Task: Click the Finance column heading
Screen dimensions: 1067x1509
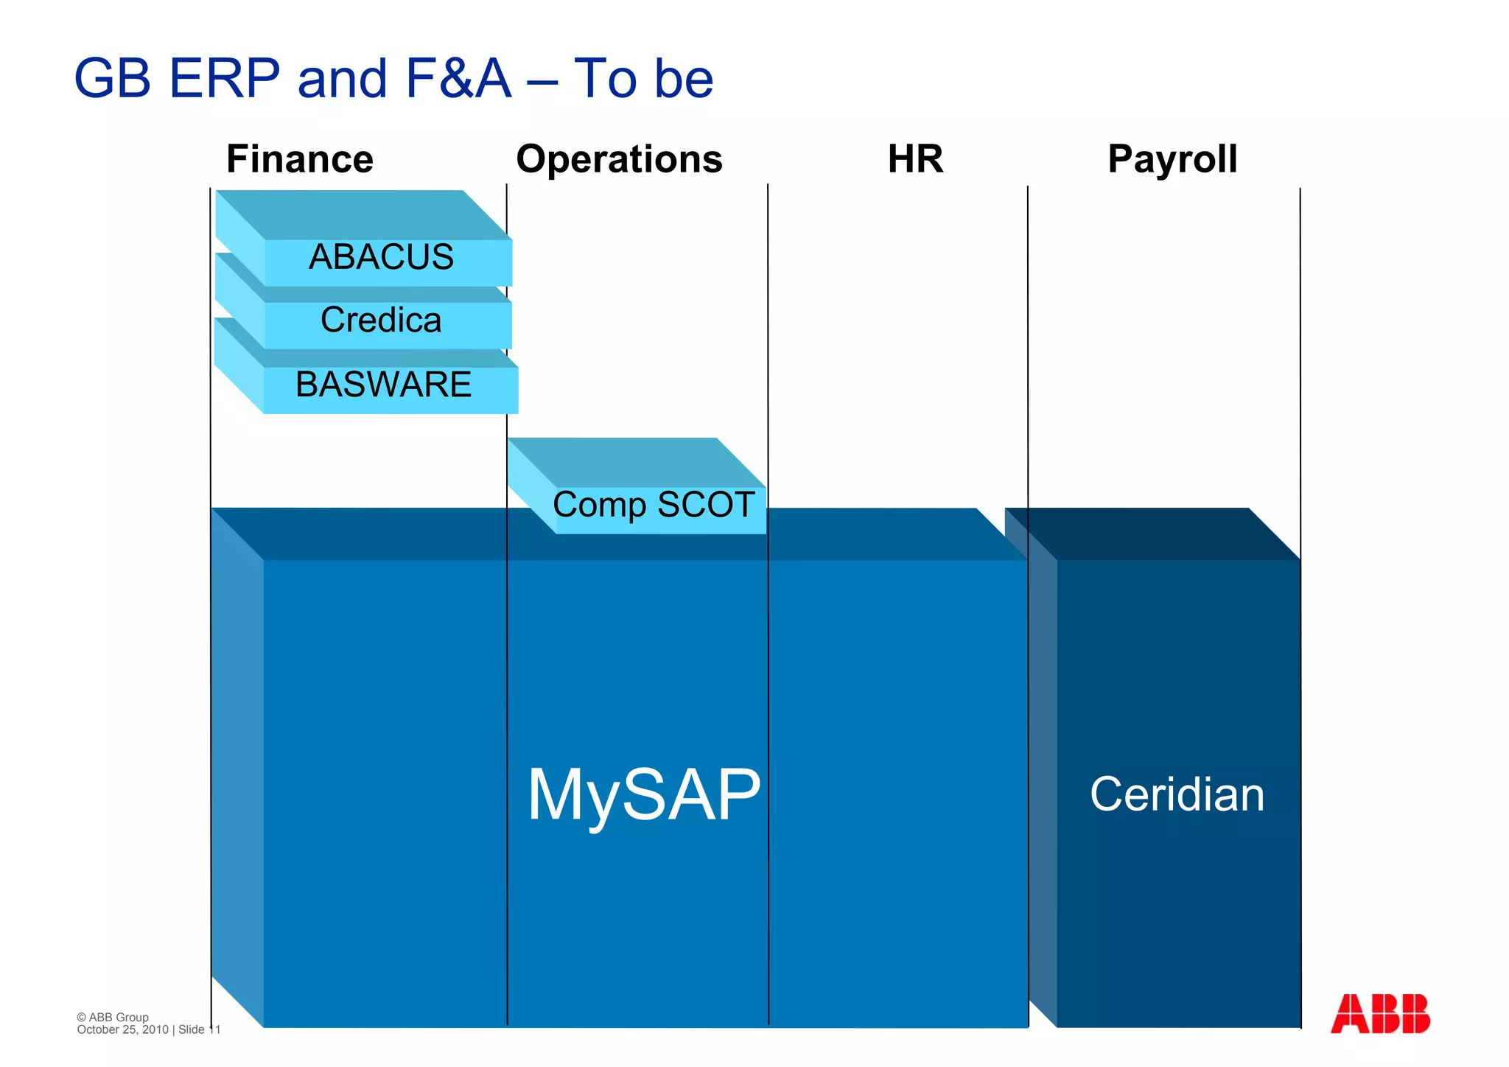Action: [300, 159]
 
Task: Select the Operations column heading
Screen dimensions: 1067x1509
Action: [619, 159]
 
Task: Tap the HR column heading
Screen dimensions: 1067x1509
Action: [915, 159]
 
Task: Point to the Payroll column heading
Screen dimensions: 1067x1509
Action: [1172, 159]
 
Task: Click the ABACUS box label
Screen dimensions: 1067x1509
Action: [381, 257]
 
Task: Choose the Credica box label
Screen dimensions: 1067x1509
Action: [381, 320]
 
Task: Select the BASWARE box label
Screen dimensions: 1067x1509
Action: [383, 385]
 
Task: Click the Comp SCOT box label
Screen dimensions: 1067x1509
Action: [654, 505]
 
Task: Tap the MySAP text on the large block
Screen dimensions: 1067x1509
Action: [644, 794]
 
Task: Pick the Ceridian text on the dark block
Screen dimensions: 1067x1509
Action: [1177, 794]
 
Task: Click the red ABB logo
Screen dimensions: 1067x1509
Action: [1380, 1014]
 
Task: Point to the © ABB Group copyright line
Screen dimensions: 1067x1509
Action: [113, 1017]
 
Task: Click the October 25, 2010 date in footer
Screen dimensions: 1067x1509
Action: [123, 1029]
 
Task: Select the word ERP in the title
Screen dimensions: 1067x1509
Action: [225, 78]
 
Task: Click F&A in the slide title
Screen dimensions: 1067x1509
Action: [458, 78]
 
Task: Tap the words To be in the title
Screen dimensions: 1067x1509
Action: [643, 78]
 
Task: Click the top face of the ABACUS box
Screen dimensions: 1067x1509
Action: [361, 214]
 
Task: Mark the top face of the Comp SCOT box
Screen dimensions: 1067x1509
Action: [634, 461]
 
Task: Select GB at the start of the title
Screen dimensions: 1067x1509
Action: [113, 78]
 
